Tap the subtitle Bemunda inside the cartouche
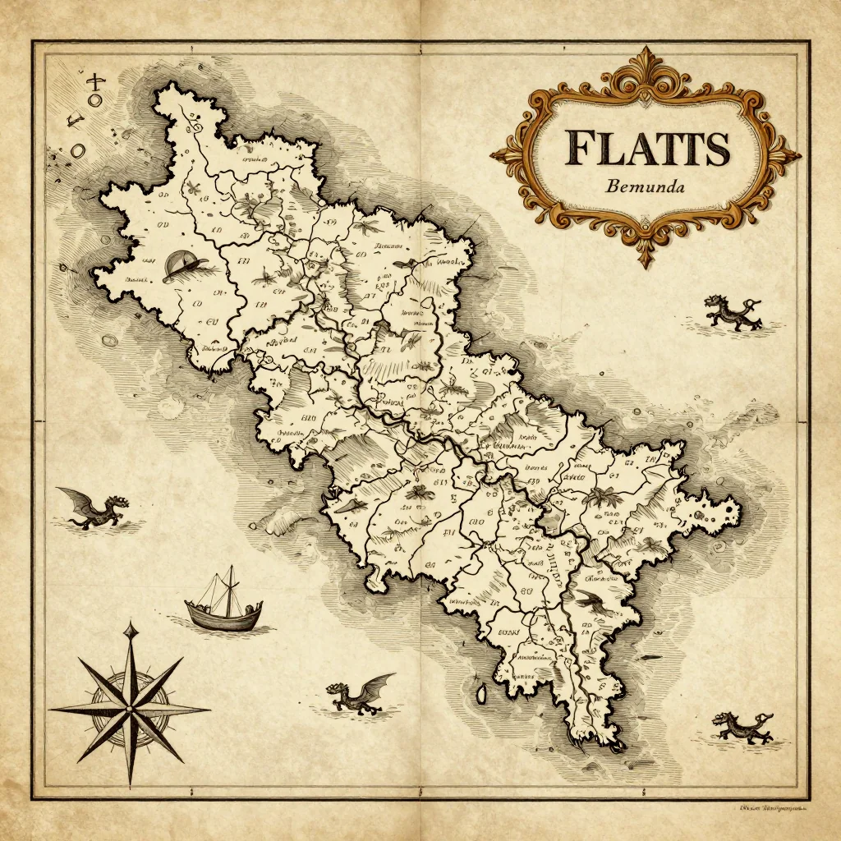pos(646,186)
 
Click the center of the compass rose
pos(130,707)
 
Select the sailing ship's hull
pos(224,616)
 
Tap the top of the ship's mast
pos(231,567)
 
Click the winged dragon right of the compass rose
pos(360,694)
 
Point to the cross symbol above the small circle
pos(98,80)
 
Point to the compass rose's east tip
pos(209,708)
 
